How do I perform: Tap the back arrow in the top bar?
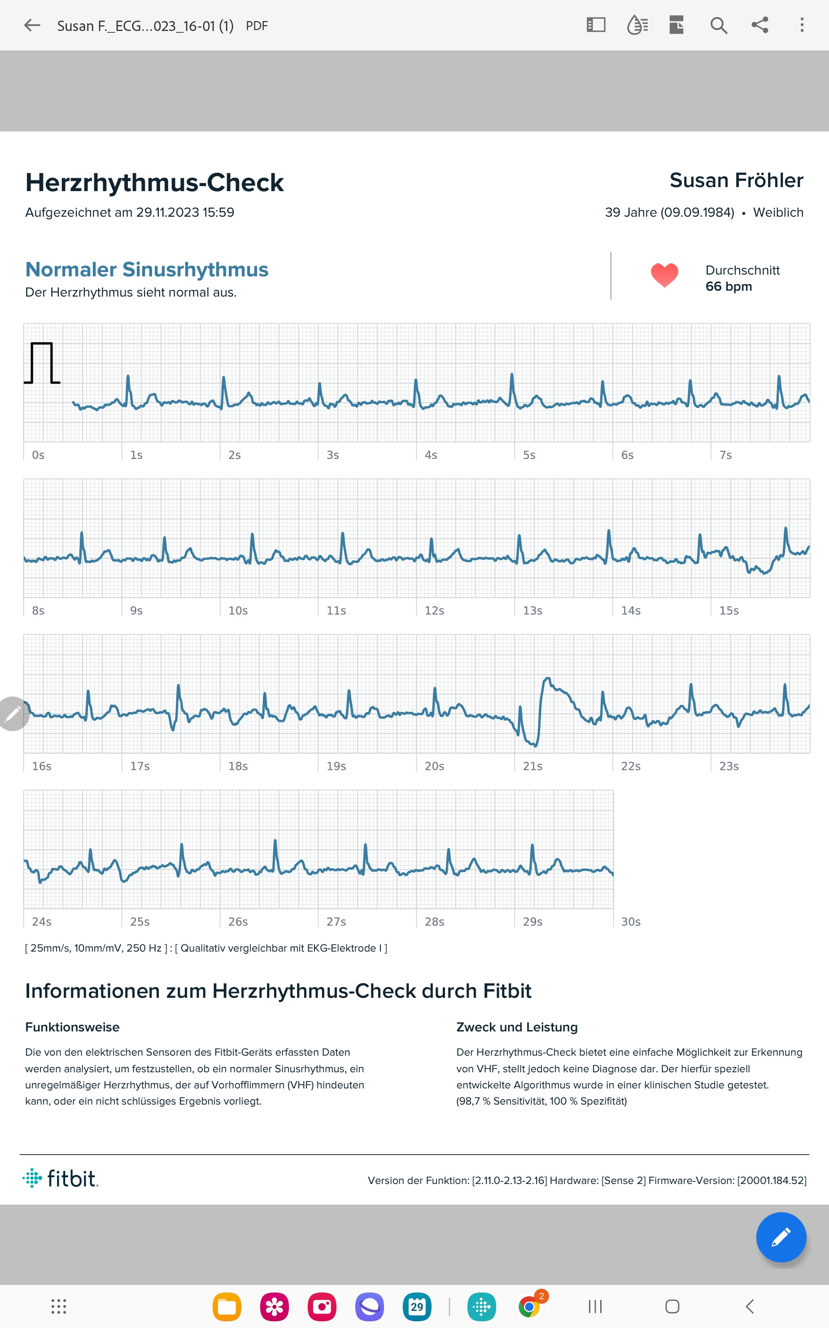(32, 25)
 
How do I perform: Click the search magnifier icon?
(718, 25)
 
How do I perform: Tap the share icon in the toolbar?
(759, 25)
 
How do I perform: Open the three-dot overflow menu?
(802, 25)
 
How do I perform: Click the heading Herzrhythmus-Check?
(155, 183)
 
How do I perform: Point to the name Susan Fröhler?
(736, 180)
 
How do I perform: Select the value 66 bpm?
(728, 287)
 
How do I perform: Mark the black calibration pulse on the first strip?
(42, 363)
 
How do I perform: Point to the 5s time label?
(528, 455)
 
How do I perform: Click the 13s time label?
(532, 611)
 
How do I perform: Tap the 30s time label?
(631, 922)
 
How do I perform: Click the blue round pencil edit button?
(780, 1237)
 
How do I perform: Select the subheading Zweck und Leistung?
(516, 1027)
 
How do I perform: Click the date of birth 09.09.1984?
(697, 213)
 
